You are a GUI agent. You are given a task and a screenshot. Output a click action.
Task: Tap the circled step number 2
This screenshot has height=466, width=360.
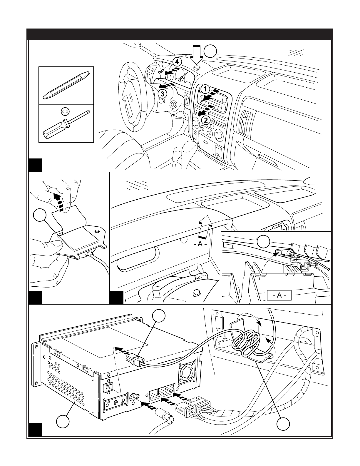tap(206, 120)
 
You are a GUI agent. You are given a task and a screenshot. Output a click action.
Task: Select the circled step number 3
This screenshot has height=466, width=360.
tap(162, 94)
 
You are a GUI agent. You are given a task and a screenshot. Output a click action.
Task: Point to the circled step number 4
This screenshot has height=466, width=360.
tap(176, 62)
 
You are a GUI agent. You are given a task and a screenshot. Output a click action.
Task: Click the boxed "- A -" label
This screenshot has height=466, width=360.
tap(279, 295)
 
